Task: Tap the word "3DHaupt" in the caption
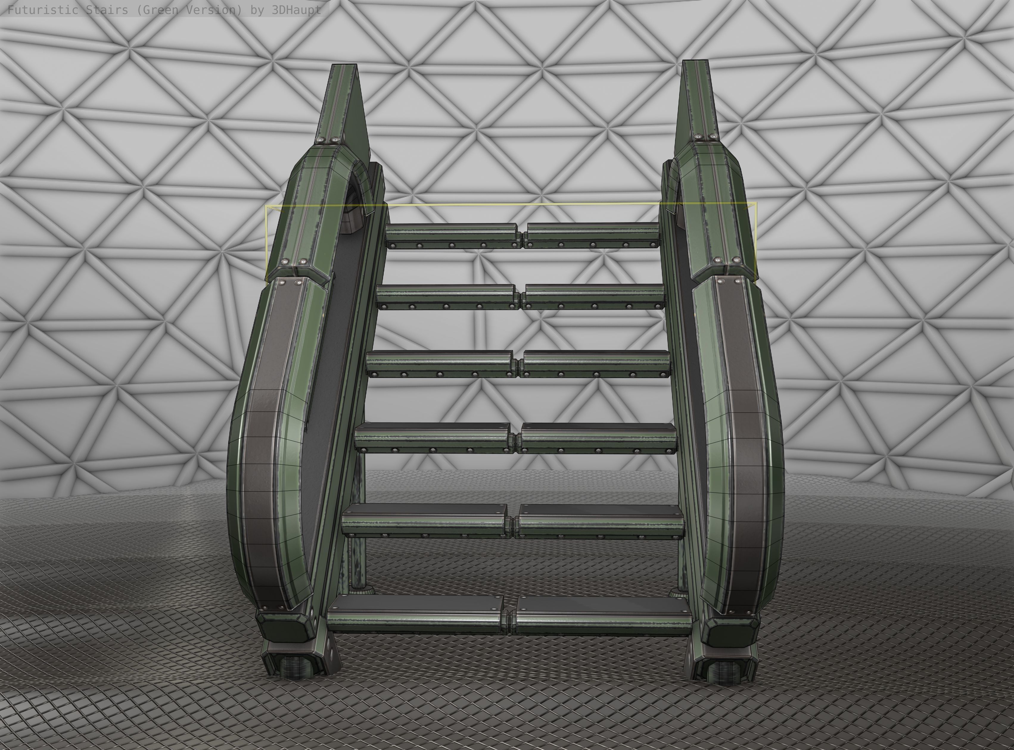[x=296, y=10]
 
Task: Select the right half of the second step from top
[x=593, y=296]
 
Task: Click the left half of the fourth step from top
[x=432, y=438]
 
